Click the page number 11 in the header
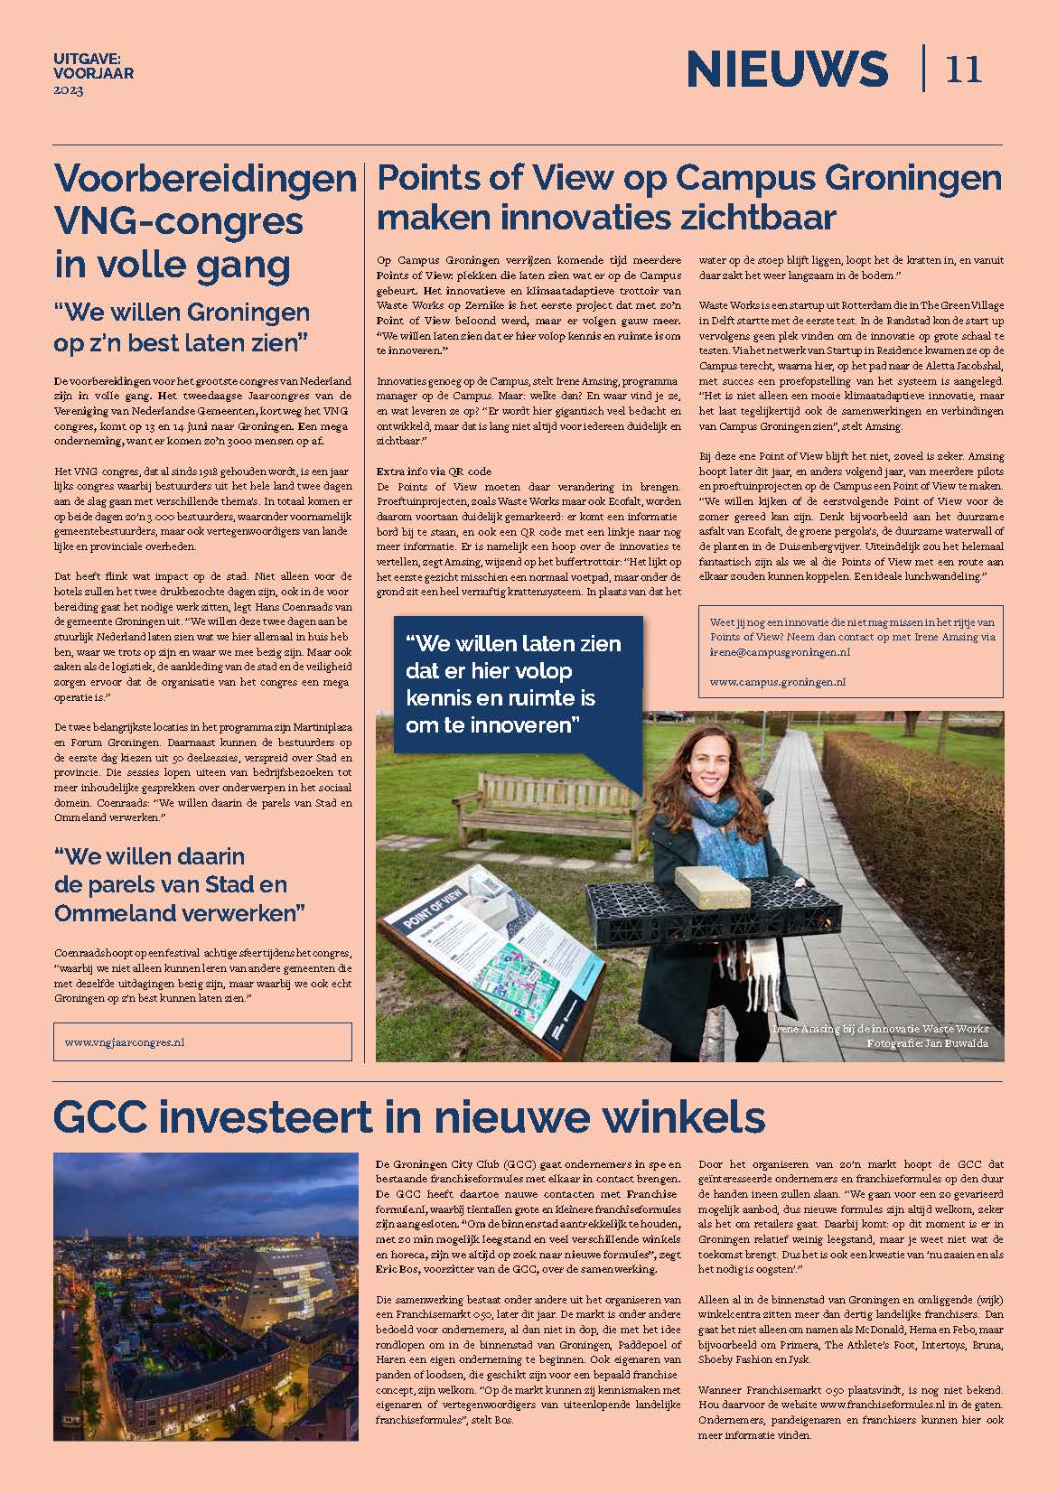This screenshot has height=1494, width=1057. coord(964,70)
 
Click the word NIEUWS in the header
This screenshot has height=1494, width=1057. coord(787,70)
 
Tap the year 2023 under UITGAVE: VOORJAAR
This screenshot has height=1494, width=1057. coord(68,91)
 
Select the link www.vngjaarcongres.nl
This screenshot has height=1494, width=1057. coord(125,1041)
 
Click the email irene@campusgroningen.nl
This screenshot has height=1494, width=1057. coord(780,651)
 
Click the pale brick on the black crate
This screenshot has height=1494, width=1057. coord(712,887)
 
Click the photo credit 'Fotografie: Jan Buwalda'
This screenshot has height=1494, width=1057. coord(927,1043)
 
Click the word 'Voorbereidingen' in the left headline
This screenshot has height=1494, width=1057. coord(205,179)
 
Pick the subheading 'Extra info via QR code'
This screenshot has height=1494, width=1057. coord(434,471)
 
